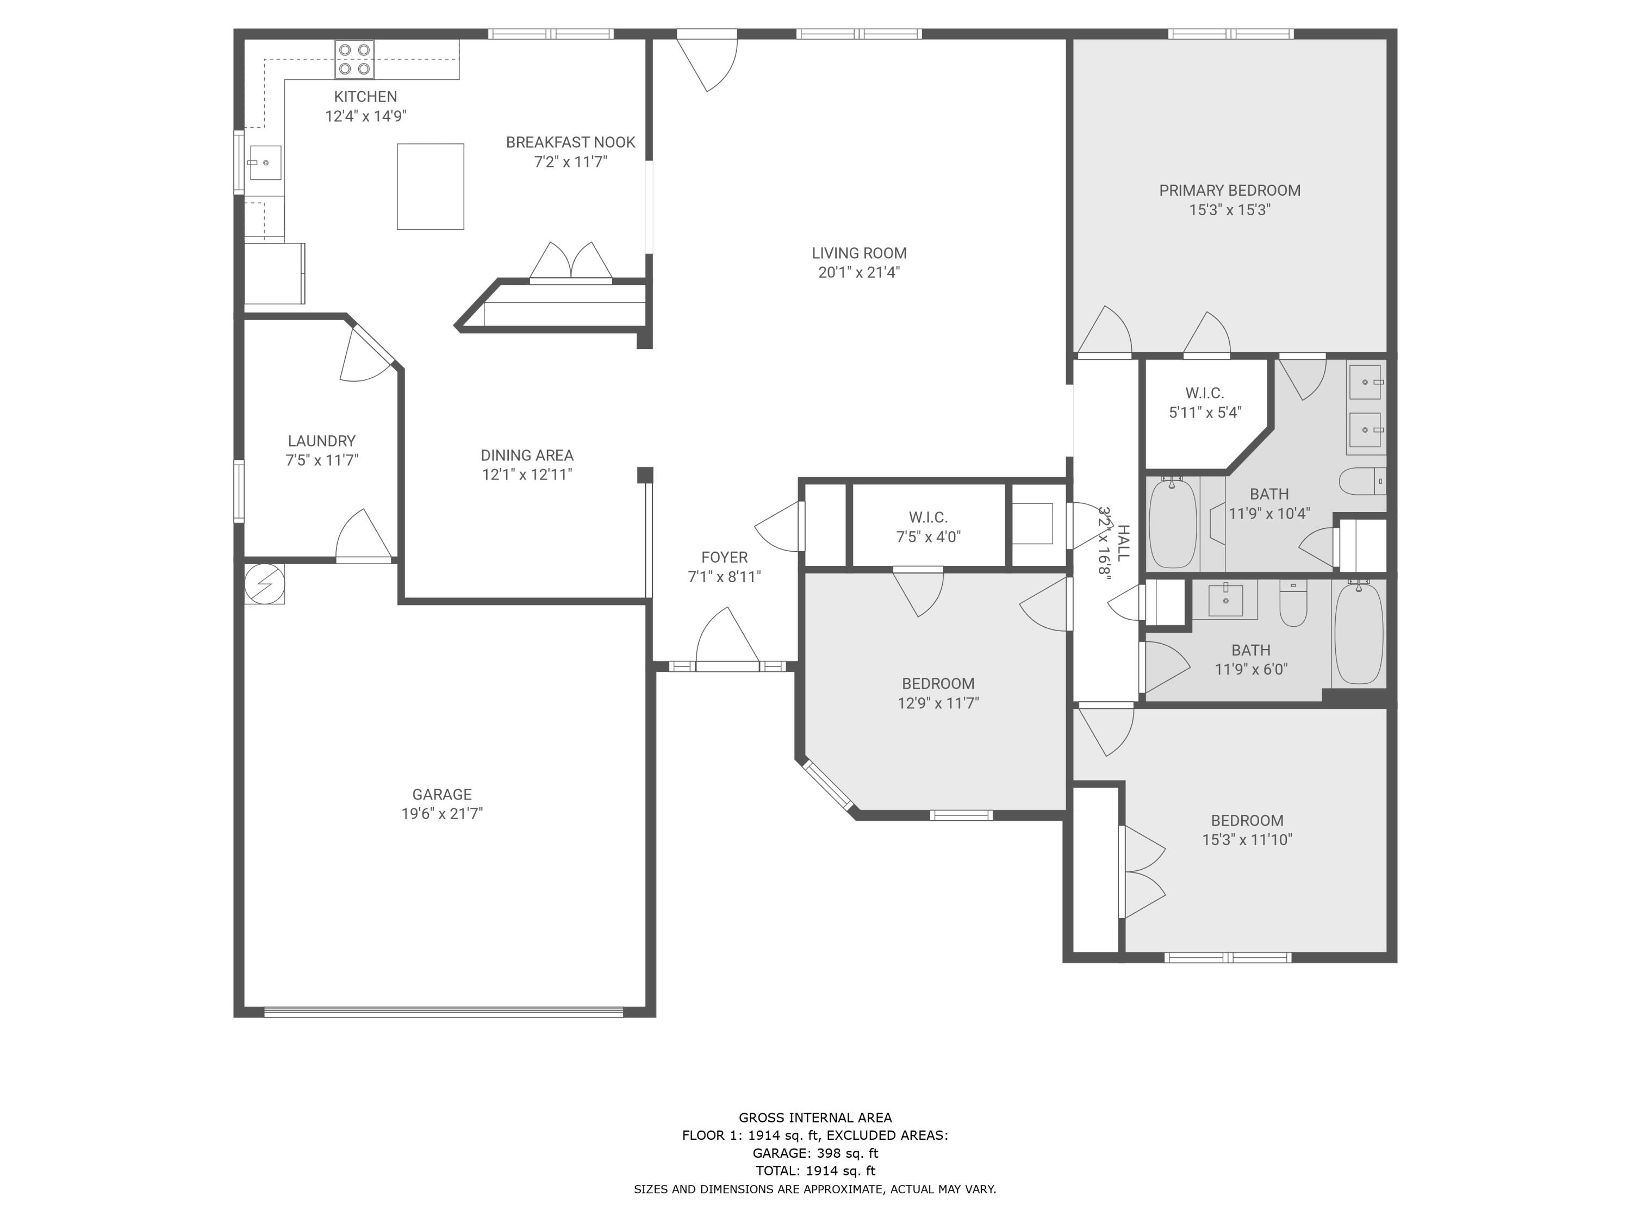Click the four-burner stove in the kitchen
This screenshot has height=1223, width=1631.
[x=354, y=60]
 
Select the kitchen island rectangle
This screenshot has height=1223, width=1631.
[x=431, y=186]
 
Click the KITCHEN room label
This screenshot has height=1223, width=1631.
[x=366, y=97]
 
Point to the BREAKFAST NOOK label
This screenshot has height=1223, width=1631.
[x=571, y=142]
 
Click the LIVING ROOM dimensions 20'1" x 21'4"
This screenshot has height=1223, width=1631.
[x=859, y=272]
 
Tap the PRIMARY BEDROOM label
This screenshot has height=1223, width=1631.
[x=1230, y=190]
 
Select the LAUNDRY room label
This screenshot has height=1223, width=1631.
[x=321, y=441]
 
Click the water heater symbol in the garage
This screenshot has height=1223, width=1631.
[x=265, y=584]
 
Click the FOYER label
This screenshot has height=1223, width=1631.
[x=724, y=557]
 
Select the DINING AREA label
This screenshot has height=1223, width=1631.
[x=527, y=455]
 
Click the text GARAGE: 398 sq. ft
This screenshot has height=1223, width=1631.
[x=815, y=1153]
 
